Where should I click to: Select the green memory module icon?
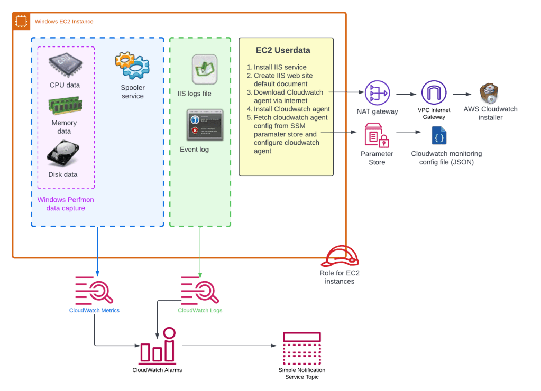tap(65, 105)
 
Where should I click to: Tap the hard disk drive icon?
tap(63, 154)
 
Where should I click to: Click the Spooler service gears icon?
tap(132, 65)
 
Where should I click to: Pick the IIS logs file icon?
tap(204, 69)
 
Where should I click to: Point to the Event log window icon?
tap(205, 125)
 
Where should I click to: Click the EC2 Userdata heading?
tap(283, 51)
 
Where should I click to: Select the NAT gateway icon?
tap(377, 92)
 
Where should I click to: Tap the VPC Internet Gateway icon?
tap(434, 93)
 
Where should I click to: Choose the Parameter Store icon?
tap(377, 136)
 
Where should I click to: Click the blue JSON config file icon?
tap(438, 135)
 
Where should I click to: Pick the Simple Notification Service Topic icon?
tap(302, 348)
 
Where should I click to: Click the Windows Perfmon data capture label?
tap(61, 204)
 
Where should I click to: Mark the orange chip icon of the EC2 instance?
tap(21, 22)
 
